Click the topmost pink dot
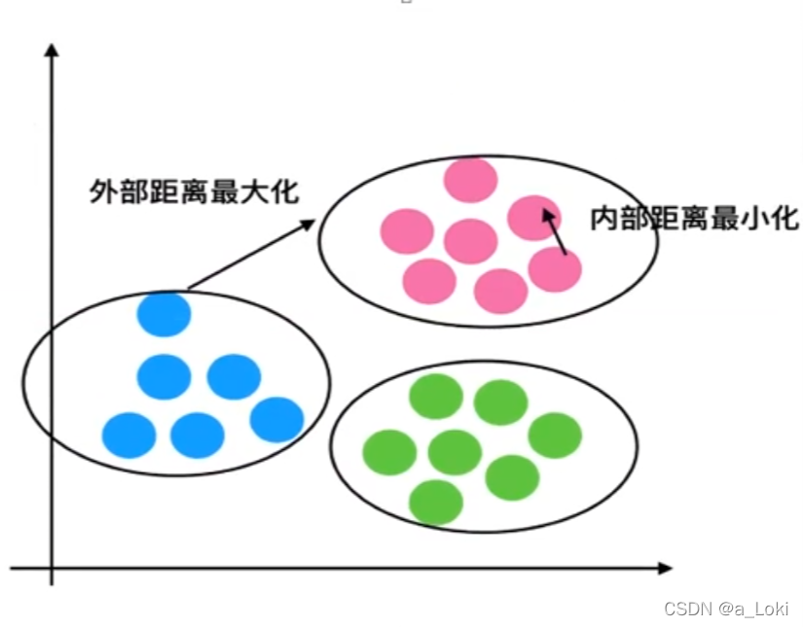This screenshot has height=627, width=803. pos(470,180)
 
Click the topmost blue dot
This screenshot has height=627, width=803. pos(164,313)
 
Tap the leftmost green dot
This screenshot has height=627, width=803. pos(389,452)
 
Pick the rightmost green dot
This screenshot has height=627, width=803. pos(555,435)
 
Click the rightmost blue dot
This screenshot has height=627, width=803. pos(276,419)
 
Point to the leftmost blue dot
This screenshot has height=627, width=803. pos(128,435)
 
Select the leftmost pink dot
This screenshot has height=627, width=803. pos(407,230)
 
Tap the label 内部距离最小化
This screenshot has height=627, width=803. pos(694,219)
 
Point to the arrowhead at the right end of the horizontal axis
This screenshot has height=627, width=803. pos(665,567)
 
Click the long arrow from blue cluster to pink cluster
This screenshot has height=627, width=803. pos(251,255)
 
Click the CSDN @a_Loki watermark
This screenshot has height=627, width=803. pos(726,609)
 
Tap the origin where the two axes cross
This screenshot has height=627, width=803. pos(51,567)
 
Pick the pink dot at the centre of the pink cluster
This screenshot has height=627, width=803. pos(470,241)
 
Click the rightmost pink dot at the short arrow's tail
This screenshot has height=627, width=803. pos(555,269)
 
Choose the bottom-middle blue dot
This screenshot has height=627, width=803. pos(198,435)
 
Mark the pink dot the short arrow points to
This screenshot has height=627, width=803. pos(533,218)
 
